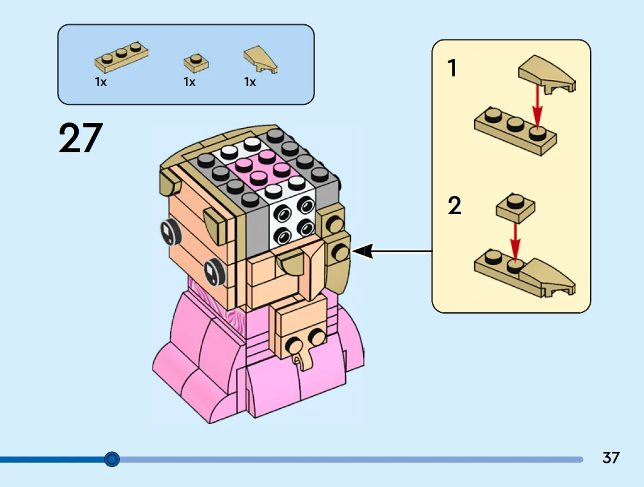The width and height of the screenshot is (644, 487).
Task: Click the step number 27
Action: tap(81, 138)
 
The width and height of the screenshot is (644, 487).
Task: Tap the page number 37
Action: tap(611, 457)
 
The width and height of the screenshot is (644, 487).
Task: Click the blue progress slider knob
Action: tap(111, 459)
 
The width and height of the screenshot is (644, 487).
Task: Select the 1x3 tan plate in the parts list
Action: tap(122, 58)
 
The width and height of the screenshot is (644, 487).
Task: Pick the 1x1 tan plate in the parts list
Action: tap(196, 62)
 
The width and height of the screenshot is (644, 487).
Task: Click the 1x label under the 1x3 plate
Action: tap(101, 82)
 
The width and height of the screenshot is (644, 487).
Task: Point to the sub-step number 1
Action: tap(452, 69)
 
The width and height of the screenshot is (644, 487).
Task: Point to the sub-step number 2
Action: tap(454, 206)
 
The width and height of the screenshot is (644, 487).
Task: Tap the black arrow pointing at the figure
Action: tap(391, 250)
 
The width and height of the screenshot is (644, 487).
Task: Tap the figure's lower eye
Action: tap(211, 271)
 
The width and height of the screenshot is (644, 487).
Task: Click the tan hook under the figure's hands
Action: tap(299, 360)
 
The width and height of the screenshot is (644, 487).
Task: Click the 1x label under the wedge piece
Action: tap(250, 82)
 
